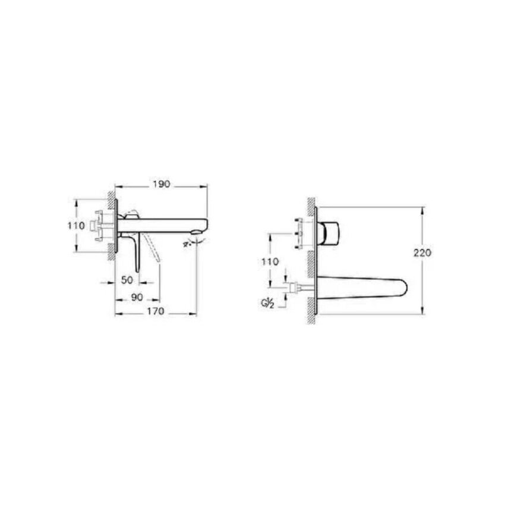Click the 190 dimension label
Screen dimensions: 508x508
(162, 184)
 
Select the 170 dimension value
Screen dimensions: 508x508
(156, 311)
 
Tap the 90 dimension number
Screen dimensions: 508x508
(137, 297)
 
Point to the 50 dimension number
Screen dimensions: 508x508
(127, 280)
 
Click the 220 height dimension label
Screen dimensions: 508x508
(422, 253)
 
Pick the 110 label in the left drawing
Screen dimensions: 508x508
(76, 226)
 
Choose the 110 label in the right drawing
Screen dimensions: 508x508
(270, 261)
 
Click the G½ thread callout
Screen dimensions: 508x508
(267, 304)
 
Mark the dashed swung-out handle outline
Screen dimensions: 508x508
(153, 248)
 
